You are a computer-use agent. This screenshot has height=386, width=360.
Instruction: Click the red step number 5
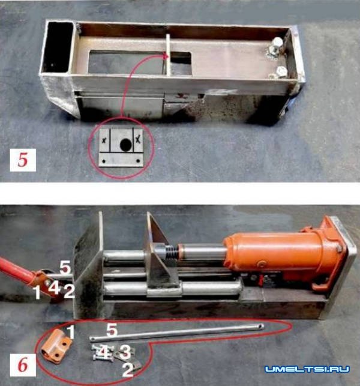click(x=23, y=160)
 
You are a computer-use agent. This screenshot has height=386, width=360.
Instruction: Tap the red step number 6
click(x=23, y=366)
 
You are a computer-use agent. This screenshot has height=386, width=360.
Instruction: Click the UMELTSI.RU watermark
click(x=307, y=369)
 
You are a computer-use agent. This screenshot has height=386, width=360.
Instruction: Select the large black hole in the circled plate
click(x=126, y=144)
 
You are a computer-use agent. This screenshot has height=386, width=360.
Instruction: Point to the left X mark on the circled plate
click(x=104, y=140)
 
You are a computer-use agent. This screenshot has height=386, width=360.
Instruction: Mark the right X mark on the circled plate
click(x=139, y=140)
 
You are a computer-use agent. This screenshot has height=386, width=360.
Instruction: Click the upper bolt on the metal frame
click(x=276, y=47)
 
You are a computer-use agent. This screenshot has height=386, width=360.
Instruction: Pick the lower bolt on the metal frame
click(x=280, y=73)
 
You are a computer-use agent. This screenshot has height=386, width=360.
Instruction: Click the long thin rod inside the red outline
click(x=176, y=333)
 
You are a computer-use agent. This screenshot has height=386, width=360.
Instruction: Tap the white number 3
click(x=125, y=352)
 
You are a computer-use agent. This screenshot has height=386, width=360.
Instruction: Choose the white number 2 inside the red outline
click(x=128, y=369)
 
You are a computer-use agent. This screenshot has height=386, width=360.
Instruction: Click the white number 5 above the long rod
click(x=112, y=330)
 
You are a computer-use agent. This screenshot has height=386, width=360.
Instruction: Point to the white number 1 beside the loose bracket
click(x=71, y=332)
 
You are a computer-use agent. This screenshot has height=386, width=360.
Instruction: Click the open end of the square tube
click(x=57, y=47)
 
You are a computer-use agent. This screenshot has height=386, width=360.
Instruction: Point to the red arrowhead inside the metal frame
click(x=166, y=56)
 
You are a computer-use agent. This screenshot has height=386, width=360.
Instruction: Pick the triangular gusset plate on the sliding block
click(x=159, y=249)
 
